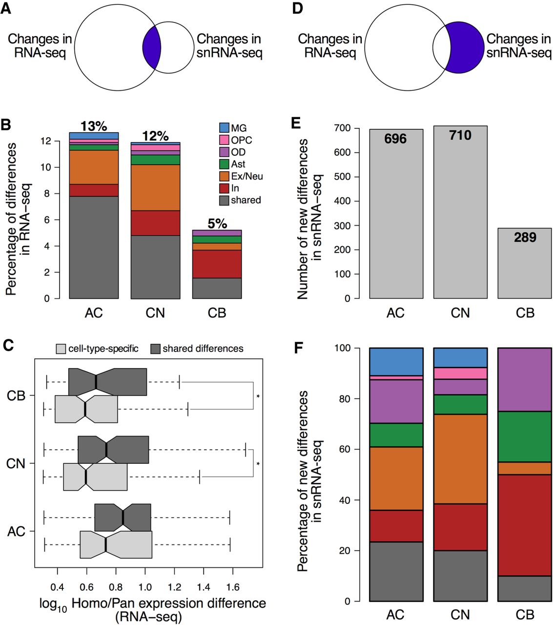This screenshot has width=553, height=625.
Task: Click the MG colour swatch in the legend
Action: [x=225, y=128]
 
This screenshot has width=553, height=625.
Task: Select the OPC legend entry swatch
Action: [x=225, y=140]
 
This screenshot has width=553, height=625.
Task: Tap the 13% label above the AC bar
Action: [x=94, y=126]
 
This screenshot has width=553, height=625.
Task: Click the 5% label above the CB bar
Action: [x=217, y=224]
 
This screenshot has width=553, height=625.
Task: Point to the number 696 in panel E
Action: [x=395, y=139]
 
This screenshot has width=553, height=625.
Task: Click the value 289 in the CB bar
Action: [x=525, y=237]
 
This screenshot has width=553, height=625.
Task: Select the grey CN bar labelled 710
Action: [x=460, y=220]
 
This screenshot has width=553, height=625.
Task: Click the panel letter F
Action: [x=299, y=348]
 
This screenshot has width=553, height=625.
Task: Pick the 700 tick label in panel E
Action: [x=343, y=128]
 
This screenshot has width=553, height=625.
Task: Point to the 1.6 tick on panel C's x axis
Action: [x=233, y=587]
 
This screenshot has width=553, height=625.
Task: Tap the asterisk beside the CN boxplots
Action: [x=258, y=464]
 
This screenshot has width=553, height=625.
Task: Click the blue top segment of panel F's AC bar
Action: [x=396, y=361]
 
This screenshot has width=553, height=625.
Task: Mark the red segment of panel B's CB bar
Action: [x=217, y=264]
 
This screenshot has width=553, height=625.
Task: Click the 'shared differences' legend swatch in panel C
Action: [x=155, y=349]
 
